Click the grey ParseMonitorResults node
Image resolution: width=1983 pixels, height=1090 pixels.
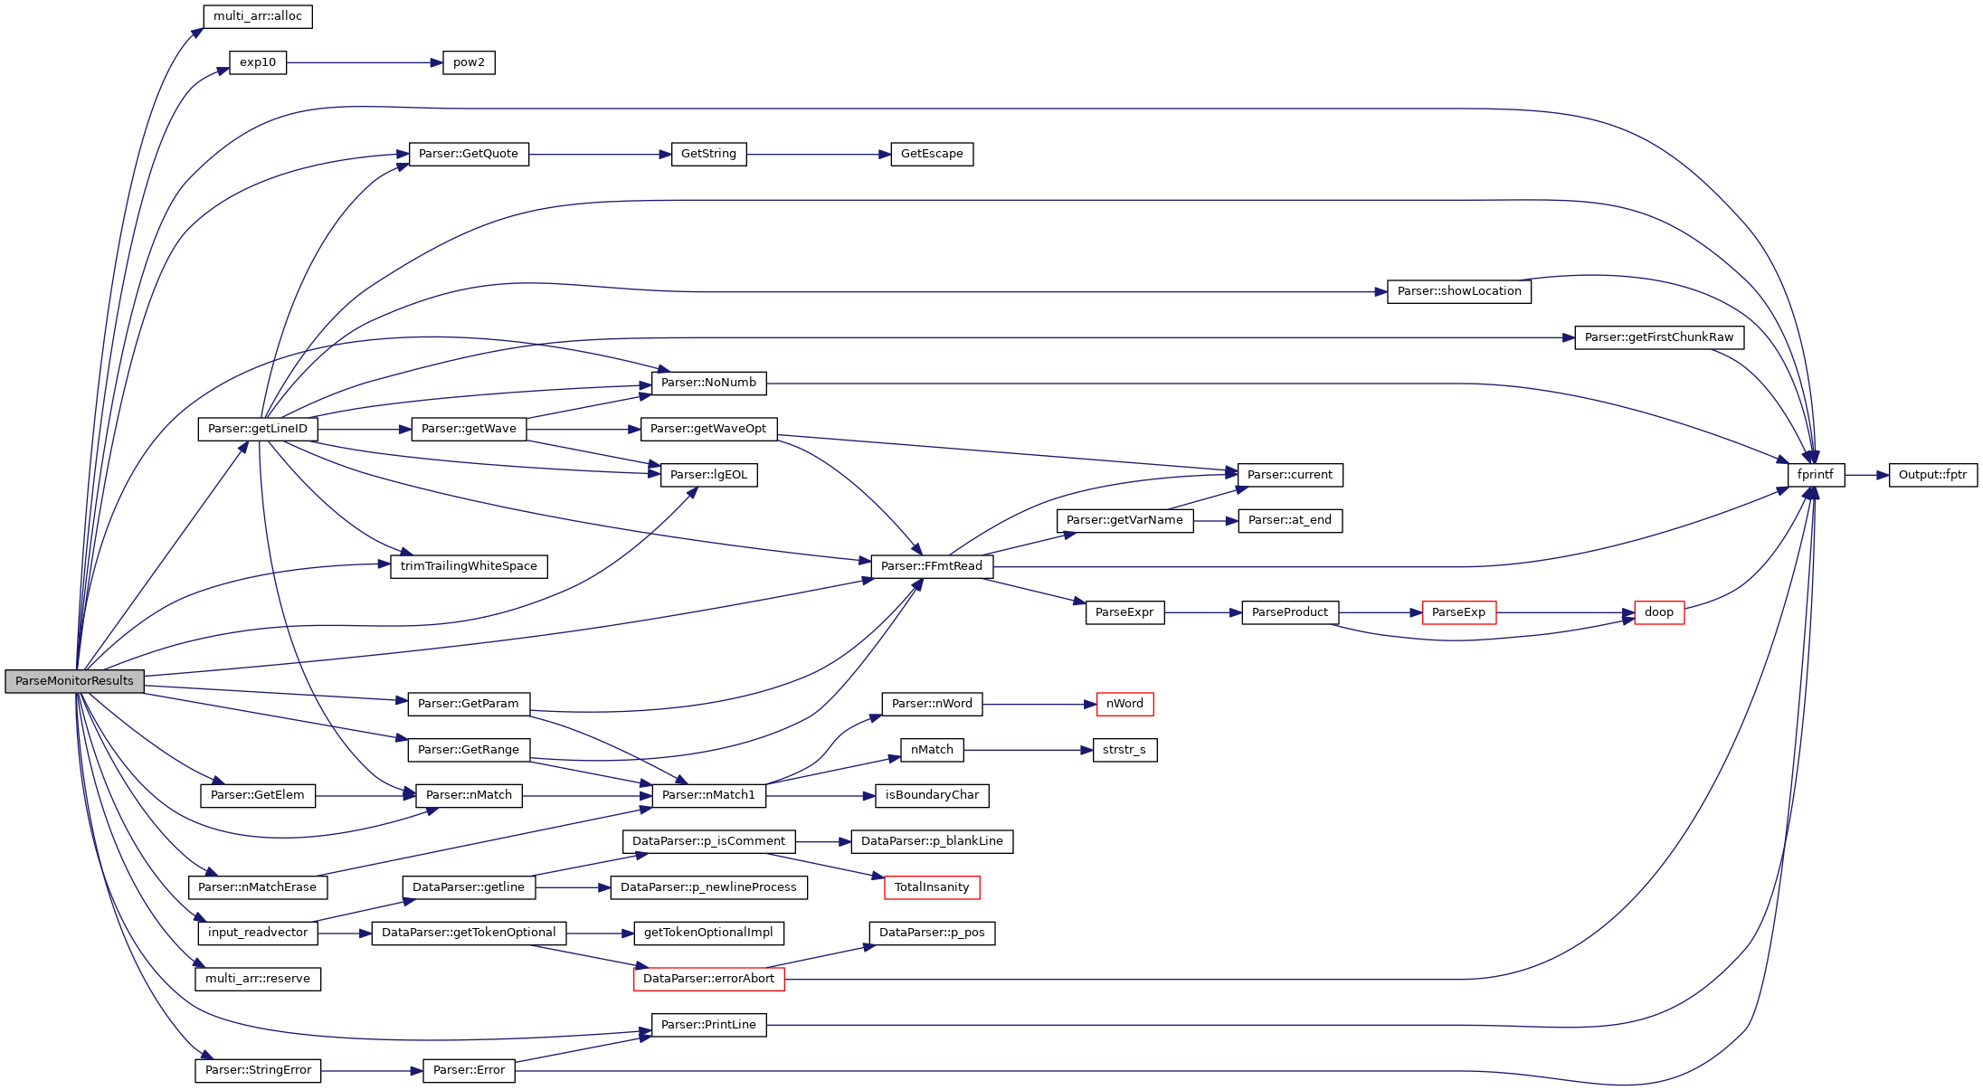click(x=74, y=681)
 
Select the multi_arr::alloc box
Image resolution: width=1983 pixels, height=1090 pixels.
click(x=258, y=16)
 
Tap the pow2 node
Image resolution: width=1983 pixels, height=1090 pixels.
click(x=469, y=62)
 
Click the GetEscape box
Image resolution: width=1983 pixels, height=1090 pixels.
click(x=932, y=154)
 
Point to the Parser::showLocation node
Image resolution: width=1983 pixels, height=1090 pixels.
click(x=1458, y=291)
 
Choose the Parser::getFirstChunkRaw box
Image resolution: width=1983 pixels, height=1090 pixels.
click(x=1658, y=337)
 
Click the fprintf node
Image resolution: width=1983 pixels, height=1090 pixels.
click(x=1815, y=475)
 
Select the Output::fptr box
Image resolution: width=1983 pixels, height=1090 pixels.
click(x=1932, y=475)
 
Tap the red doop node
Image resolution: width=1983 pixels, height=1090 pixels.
click(x=1658, y=612)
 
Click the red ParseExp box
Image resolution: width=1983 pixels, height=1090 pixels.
click(x=1458, y=612)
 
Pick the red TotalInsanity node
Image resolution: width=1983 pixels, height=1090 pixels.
click(x=932, y=887)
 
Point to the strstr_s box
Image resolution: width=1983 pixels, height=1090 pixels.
click(x=1124, y=750)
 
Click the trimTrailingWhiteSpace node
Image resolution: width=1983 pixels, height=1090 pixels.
click(x=469, y=566)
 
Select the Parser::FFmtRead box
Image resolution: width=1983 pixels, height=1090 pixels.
click(x=932, y=566)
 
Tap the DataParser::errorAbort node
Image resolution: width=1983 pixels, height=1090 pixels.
click(x=708, y=979)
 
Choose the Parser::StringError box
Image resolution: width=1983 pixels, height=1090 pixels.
click(x=258, y=1070)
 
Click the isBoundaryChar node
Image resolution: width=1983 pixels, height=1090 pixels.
click(x=932, y=795)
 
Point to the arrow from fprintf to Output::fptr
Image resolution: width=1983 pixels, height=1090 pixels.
click(x=1866, y=475)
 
